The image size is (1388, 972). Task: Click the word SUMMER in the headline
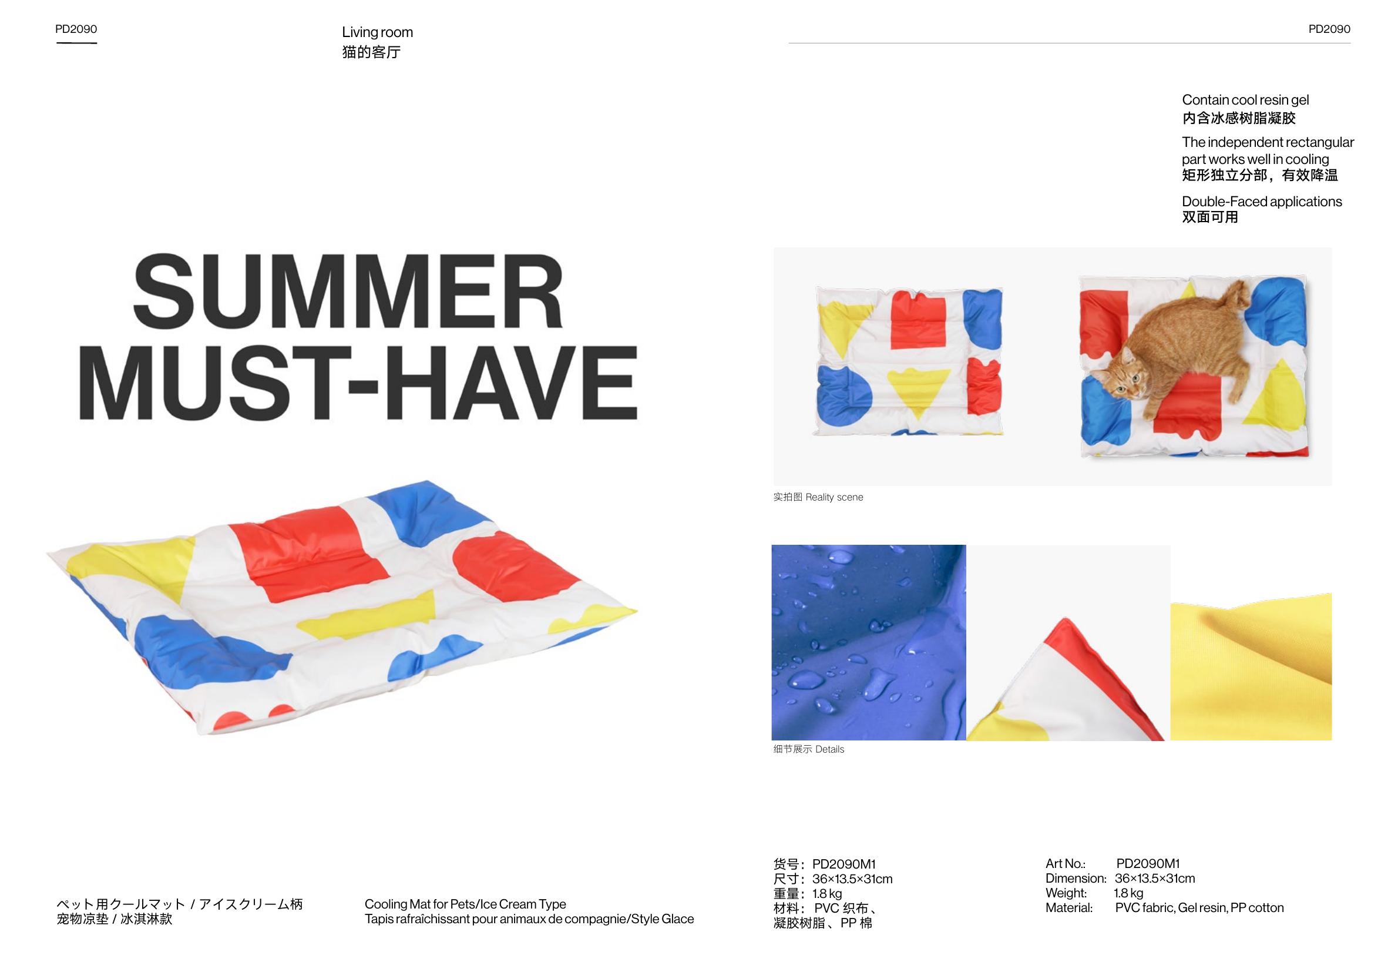click(348, 291)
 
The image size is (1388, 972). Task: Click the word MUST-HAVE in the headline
click(358, 383)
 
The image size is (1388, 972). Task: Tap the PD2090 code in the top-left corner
click(76, 29)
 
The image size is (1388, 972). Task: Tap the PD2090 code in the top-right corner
click(1329, 29)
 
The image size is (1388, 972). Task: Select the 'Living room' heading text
click(377, 32)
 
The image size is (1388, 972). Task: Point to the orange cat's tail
click(1229, 298)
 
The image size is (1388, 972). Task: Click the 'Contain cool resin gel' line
click(1245, 100)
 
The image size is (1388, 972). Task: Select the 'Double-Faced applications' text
click(1262, 202)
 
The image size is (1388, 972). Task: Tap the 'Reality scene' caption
click(834, 497)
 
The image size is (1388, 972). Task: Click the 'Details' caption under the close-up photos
click(829, 749)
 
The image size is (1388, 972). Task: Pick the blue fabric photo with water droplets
click(869, 642)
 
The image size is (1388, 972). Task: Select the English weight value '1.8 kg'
click(1128, 893)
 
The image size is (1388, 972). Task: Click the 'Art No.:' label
click(1066, 864)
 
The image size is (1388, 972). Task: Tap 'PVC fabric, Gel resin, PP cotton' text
click(1199, 907)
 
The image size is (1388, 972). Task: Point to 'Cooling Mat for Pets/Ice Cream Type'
click(465, 904)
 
